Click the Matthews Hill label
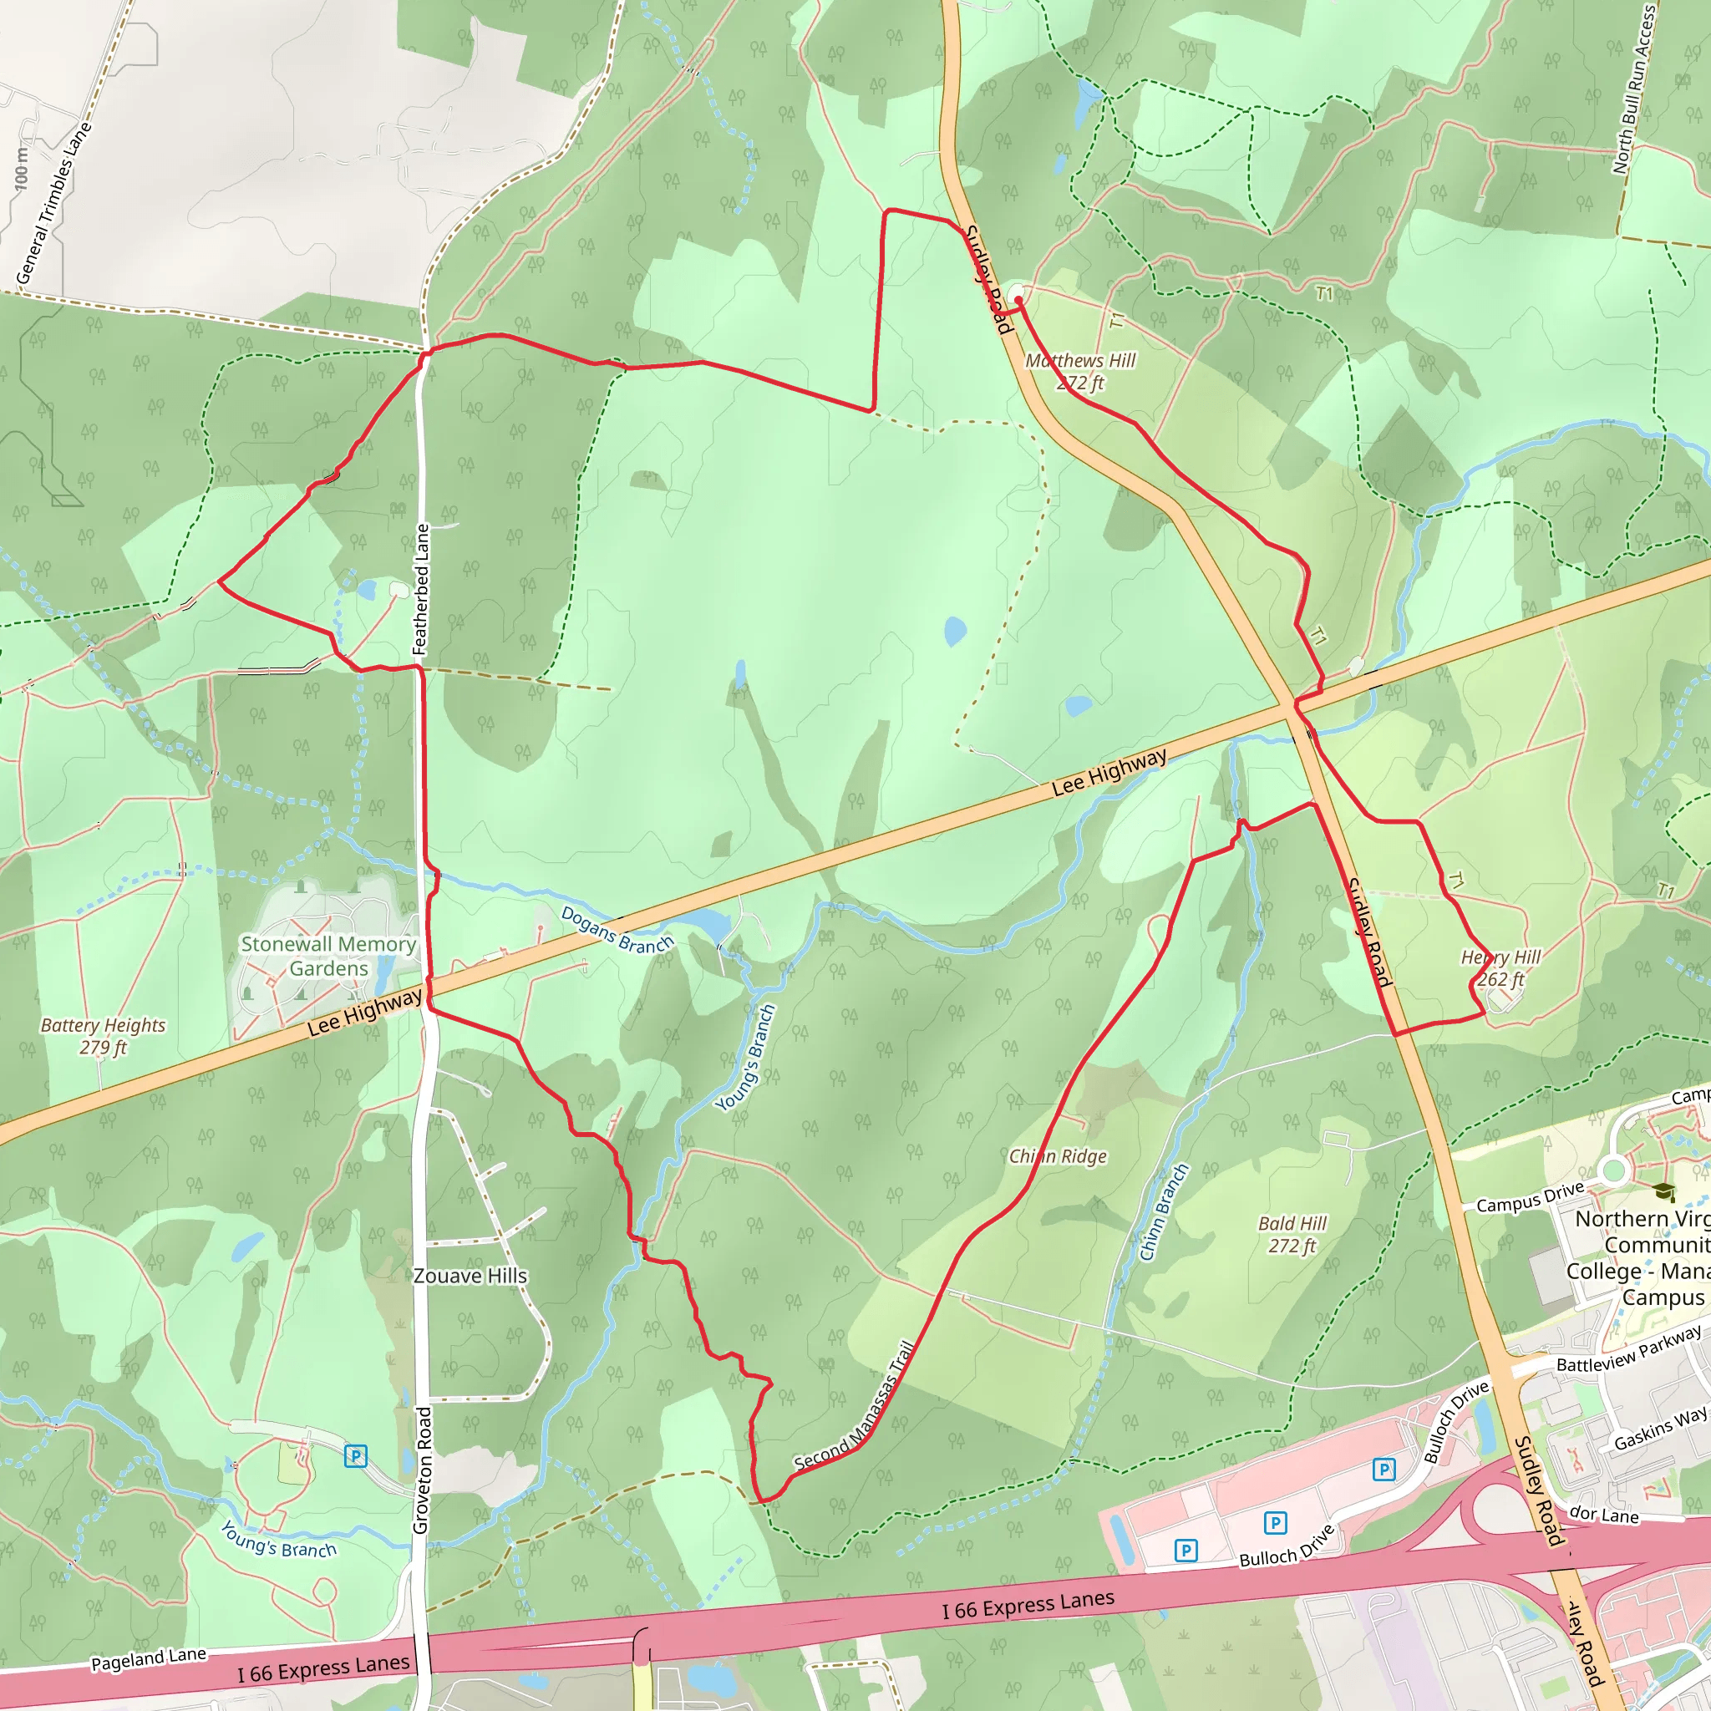pos(1079,371)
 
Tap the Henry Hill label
pos(1500,968)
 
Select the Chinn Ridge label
pos(1058,1156)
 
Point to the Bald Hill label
pos(1292,1235)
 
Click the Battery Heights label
pos(103,1036)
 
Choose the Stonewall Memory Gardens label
pos(328,957)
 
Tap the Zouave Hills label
pos(470,1277)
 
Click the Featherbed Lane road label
pos(422,590)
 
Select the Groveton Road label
pos(423,1470)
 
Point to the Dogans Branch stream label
pos(617,930)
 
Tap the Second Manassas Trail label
pos(854,1407)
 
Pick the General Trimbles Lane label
pos(54,204)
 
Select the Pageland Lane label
pos(148,1660)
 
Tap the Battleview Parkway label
pos(1628,1350)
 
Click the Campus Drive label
pos(1530,1197)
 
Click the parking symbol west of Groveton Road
pos(355,1457)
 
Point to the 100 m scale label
pos(21,168)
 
